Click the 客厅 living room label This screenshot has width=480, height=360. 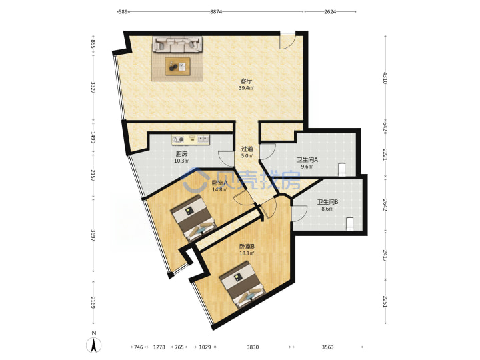click(x=247, y=81)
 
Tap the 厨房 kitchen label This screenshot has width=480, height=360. click(x=181, y=154)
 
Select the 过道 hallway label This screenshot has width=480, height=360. click(x=247, y=149)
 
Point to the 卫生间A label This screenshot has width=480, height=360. click(x=307, y=160)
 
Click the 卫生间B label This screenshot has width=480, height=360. click(x=327, y=202)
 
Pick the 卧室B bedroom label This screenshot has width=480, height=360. click(x=247, y=247)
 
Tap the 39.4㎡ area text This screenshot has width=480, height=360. click(x=247, y=88)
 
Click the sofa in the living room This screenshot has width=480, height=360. click(x=177, y=44)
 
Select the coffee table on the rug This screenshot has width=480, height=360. click(x=178, y=66)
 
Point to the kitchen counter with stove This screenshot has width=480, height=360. click(x=190, y=139)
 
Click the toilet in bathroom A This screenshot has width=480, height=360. click(x=342, y=170)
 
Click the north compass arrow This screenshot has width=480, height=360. click(x=94, y=345)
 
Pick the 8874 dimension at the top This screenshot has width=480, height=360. click(x=216, y=11)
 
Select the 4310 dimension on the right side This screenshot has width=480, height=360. click(x=385, y=78)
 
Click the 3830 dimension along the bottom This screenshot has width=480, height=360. click(x=253, y=347)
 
